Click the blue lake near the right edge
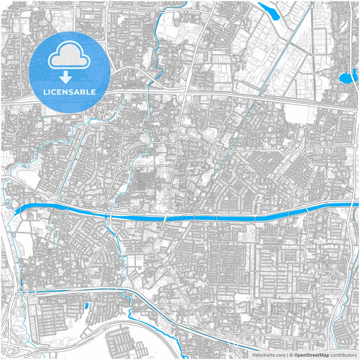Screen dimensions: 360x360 coord(347,77)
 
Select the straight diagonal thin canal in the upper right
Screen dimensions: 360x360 coord(270,68)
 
